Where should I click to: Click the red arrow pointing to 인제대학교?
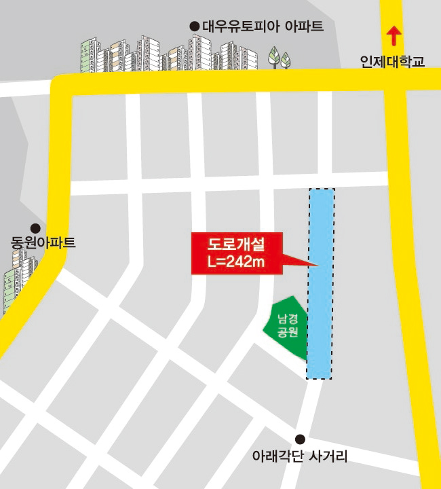coord(392,35)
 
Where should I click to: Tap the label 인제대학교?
coord(392,62)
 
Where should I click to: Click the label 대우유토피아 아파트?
coord(263,27)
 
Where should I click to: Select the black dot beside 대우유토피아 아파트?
coord(195,26)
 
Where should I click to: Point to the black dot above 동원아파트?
coord(35,228)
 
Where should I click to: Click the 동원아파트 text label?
coord(43,242)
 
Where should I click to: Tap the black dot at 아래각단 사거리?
coord(300,439)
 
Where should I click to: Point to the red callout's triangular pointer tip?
coord(318,264)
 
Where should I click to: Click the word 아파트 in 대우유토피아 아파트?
coord(304,27)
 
